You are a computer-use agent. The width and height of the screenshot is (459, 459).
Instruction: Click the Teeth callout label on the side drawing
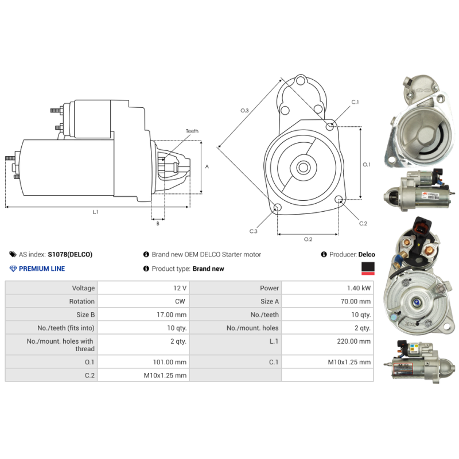tap(192, 131)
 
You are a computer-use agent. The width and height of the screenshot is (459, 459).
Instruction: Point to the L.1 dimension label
tap(96, 212)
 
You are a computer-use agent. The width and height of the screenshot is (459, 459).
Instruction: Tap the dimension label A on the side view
tap(207, 166)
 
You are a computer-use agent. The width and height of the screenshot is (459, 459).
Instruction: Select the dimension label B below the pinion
tap(158, 224)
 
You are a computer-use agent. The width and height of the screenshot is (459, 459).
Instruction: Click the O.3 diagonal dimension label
tap(244, 110)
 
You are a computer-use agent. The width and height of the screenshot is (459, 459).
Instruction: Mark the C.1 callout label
tap(355, 102)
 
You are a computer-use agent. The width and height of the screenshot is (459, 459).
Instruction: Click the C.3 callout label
tap(253, 231)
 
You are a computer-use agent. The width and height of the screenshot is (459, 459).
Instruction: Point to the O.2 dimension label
tap(308, 239)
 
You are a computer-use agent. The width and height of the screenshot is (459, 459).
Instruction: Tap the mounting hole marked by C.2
tap(339, 200)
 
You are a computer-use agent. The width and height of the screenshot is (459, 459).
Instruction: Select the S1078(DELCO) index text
tap(69, 254)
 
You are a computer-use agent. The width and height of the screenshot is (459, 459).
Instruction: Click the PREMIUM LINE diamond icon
tap(13, 269)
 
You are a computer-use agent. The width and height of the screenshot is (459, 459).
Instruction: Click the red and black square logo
tap(368, 269)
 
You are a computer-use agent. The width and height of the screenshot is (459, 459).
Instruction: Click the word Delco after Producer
tap(367, 254)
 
